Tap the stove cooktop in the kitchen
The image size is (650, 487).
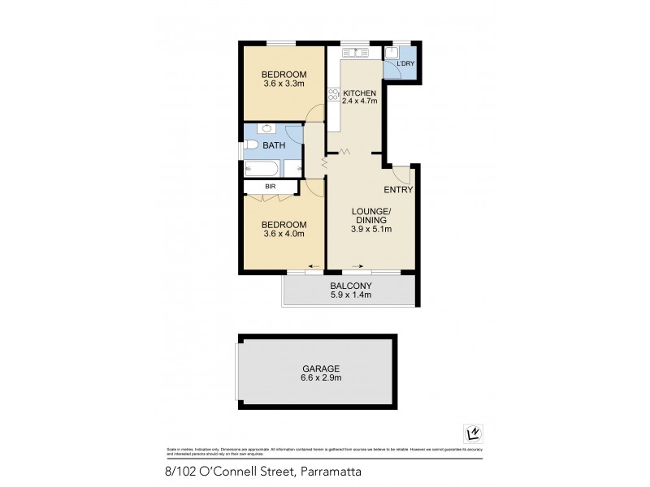332,94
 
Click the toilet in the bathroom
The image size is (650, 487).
251,145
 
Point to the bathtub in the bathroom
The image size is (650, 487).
262,169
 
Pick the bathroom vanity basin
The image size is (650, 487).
266,128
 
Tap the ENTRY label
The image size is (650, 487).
399,190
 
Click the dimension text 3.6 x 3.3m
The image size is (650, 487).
283,83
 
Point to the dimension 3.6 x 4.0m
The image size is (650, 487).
283,235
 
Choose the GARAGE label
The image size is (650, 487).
317,368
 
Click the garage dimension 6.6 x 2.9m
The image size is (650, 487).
317,377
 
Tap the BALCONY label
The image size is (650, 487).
350,286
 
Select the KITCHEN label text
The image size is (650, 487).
359,93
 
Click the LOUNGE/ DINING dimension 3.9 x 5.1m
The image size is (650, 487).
371,230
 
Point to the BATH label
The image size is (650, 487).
273,145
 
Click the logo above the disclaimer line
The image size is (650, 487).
470,433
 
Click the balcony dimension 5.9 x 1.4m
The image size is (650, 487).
350,295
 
